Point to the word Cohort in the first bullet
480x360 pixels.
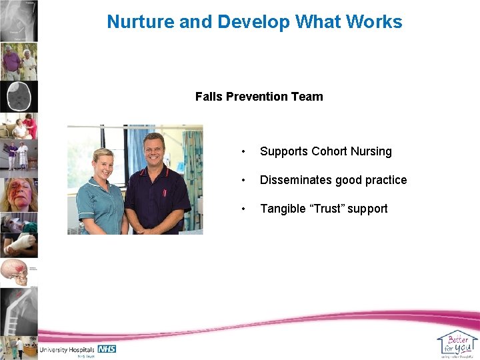pos(331,151)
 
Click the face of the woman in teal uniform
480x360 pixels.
pos(104,164)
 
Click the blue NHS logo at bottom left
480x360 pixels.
pos(107,349)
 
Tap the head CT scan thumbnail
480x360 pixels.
pos(19,97)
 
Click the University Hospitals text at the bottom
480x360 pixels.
pos(67,349)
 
